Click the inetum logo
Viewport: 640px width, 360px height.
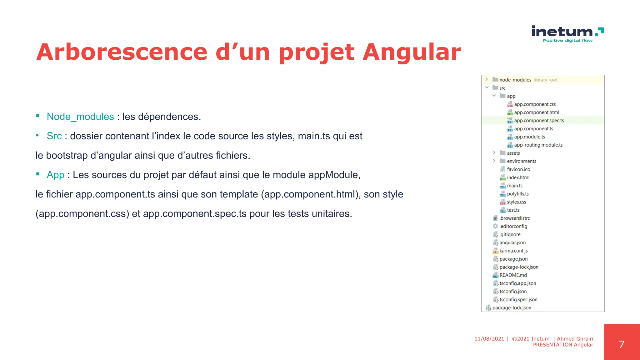[x=567, y=33]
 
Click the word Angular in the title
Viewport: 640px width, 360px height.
[x=412, y=52]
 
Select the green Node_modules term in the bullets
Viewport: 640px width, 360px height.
[x=80, y=117]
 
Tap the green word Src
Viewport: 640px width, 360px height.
[x=54, y=136]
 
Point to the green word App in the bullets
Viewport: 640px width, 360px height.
[x=56, y=175]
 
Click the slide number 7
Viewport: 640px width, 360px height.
[x=622, y=344]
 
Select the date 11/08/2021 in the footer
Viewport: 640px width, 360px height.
[x=489, y=339]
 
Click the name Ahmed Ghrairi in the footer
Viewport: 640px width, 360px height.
[x=575, y=339]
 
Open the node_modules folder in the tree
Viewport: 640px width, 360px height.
[x=515, y=80]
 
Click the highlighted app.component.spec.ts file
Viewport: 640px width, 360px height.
[x=539, y=121]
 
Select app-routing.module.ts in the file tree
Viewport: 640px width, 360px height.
[x=538, y=145]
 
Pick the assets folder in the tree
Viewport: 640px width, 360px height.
[x=513, y=153]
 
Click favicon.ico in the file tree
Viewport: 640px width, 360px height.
[x=518, y=169]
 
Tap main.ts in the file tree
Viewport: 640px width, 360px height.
[x=514, y=186]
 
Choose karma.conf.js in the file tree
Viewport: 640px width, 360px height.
[x=513, y=251]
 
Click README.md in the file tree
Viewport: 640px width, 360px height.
[x=513, y=275]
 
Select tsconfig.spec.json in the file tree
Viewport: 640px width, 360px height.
[x=518, y=299]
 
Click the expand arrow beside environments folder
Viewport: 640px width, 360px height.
[x=494, y=161]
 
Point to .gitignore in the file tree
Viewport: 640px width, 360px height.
[x=510, y=234]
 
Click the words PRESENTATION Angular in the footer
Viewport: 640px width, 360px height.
[x=563, y=345]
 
